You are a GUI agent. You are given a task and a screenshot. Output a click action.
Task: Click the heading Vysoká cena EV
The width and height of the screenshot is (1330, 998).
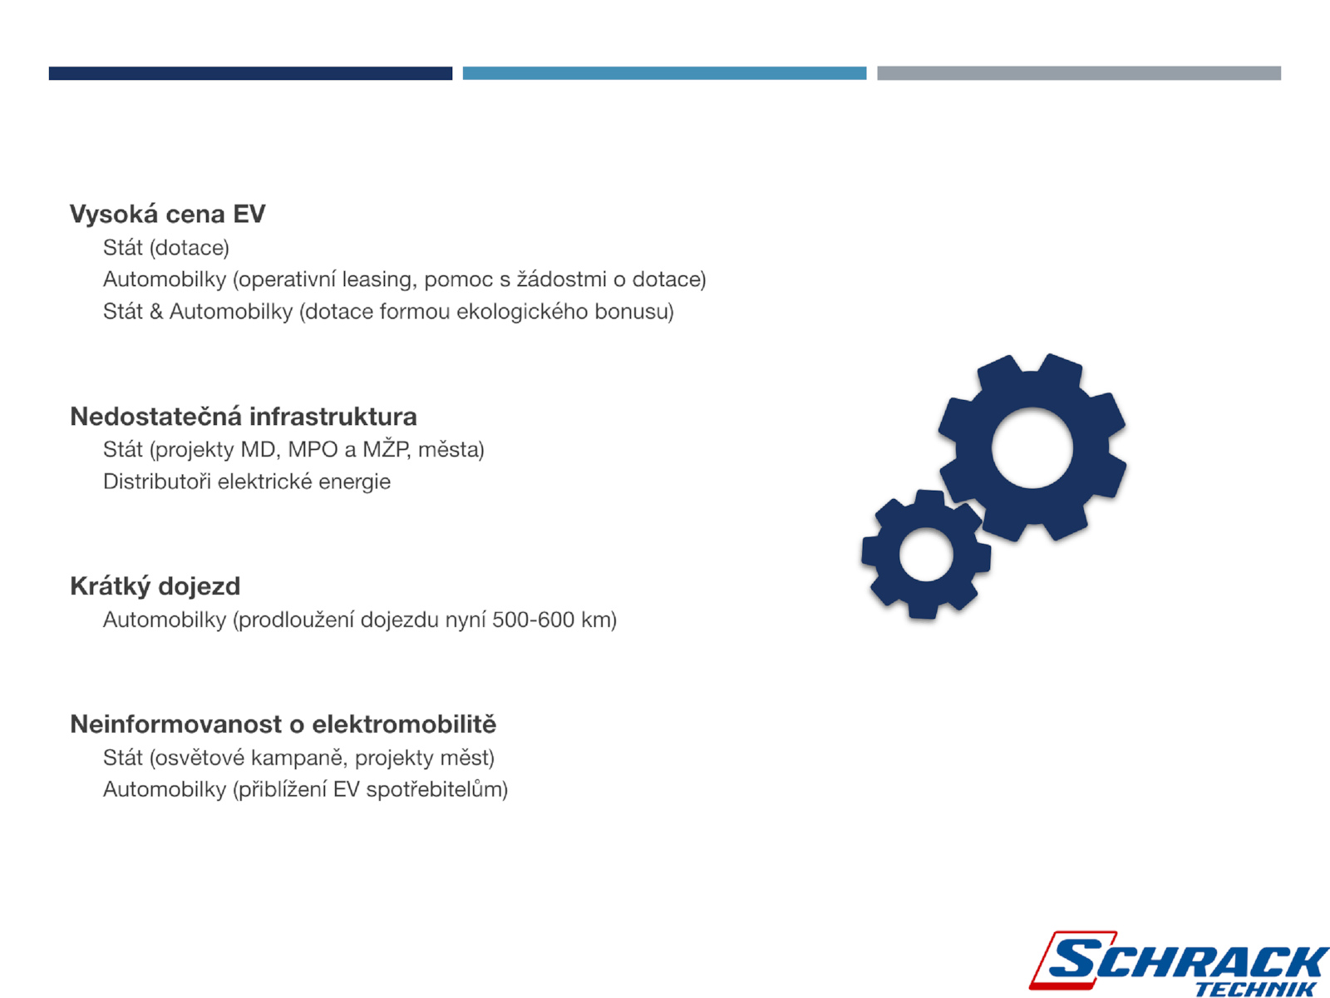167,215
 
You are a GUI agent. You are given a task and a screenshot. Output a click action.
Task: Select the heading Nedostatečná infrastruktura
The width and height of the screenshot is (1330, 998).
244,417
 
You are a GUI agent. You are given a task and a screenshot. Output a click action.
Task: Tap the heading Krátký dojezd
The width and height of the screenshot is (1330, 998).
155,586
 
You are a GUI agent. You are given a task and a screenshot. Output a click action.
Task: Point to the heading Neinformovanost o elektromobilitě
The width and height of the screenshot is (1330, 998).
283,724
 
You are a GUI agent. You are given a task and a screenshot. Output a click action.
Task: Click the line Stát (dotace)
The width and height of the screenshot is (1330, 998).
166,248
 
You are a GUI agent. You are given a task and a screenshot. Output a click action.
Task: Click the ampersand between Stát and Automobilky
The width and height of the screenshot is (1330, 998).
156,311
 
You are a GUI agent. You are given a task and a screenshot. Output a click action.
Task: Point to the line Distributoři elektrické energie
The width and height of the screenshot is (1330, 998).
247,482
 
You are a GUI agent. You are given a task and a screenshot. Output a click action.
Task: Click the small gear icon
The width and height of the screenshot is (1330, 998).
926,555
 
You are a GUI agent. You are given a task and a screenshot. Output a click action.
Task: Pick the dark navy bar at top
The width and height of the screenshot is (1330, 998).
250,73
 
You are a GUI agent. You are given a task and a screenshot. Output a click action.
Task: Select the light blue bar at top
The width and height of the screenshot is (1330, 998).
665,73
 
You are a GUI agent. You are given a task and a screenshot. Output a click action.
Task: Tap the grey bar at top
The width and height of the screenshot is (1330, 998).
1079,73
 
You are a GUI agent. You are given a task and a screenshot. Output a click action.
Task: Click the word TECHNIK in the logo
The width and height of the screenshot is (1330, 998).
1255,989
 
